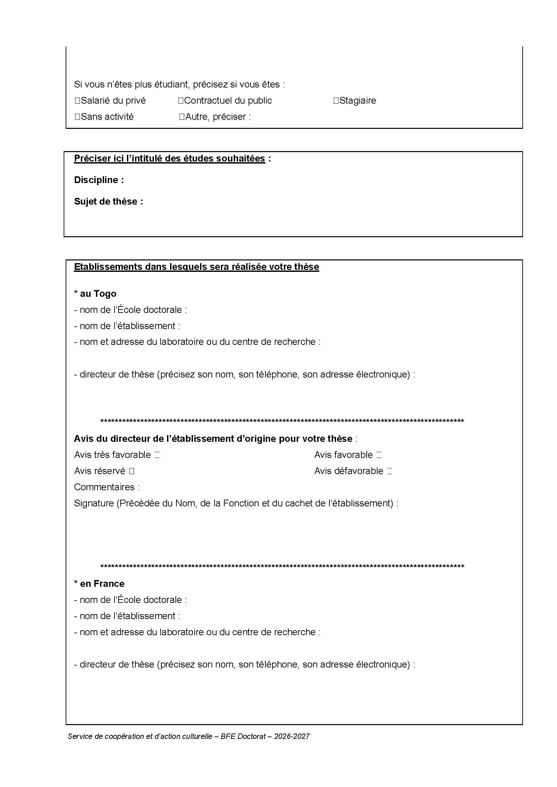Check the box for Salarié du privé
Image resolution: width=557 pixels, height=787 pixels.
click(77, 101)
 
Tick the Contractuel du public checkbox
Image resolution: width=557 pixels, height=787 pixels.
click(181, 101)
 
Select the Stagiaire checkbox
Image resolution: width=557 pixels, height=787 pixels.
click(336, 101)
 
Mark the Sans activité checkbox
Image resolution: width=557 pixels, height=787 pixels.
click(77, 117)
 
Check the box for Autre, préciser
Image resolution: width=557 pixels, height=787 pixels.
click(182, 117)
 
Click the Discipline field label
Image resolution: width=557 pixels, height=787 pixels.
click(99, 180)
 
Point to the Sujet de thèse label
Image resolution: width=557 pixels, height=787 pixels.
click(108, 202)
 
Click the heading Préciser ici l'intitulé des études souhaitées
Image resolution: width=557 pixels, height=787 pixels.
click(169, 158)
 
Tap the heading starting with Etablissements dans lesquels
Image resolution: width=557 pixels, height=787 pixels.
click(196, 267)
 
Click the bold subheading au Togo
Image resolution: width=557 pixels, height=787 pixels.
click(98, 294)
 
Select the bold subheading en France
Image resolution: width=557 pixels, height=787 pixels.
click(102, 584)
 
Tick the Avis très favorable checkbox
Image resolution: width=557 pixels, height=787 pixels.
click(157, 455)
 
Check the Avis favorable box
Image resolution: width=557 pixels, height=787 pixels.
click(379, 455)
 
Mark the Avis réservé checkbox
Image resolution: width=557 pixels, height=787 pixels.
click(132, 471)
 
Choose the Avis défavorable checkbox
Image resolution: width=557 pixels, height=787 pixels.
click(389, 471)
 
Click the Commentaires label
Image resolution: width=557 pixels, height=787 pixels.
click(107, 487)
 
